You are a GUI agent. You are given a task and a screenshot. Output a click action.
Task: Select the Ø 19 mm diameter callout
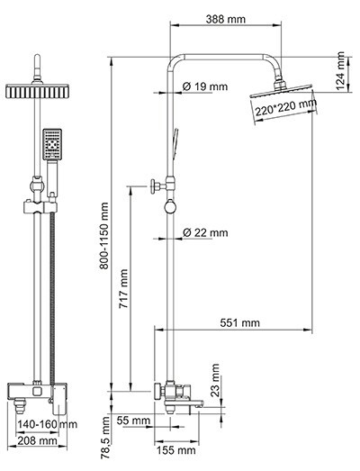coord(205,86)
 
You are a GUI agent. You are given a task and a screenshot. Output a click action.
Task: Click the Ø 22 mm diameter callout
coord(205,232)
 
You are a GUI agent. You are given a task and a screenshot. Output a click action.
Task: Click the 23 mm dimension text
coord(216,379)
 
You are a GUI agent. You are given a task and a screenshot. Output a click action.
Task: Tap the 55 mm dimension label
coord(131,421)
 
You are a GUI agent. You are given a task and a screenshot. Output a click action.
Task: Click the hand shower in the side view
coord(175,144)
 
